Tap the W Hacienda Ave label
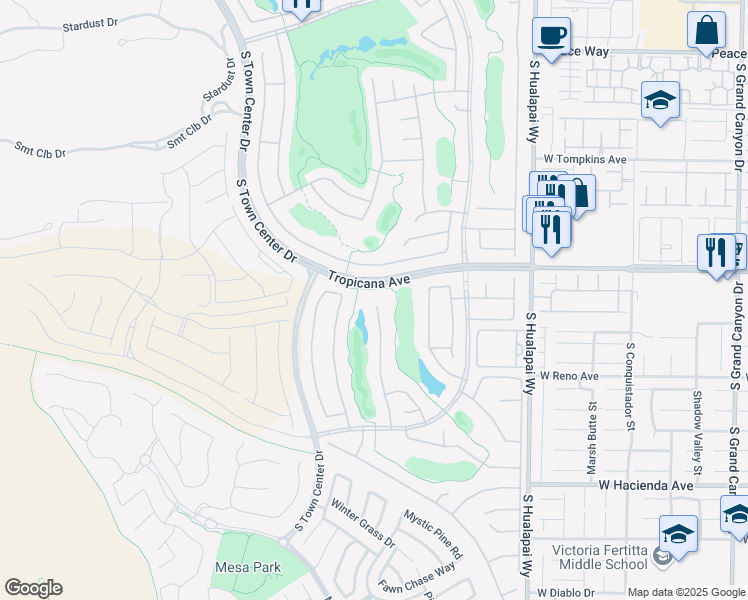click(x=646, y=485)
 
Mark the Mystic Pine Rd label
click(x=433, y=534)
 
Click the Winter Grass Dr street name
click(x=363, y=524)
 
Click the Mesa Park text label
click(x=248, y=568)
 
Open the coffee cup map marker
click(x=550, y=36)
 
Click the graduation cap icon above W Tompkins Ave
click(x=660, y=100)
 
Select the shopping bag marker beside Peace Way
click(x=706, y=30)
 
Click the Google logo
click(x=33, y=588)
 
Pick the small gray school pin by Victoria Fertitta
click(x=661, y=556)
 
